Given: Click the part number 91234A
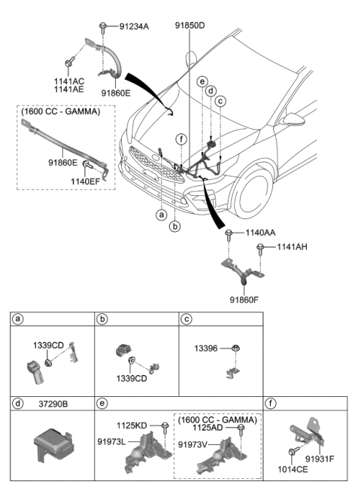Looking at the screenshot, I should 135,26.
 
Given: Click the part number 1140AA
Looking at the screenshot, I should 259,234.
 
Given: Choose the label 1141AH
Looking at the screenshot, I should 292,246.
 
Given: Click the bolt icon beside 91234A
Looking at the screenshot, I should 109,26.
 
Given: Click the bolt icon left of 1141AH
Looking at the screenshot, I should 260,248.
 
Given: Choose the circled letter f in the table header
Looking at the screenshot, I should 271,404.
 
